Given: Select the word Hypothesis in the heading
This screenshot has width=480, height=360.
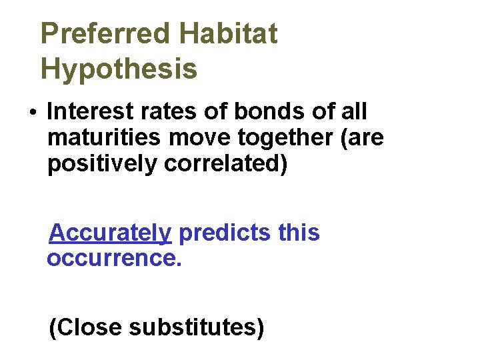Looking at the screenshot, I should point(119,68).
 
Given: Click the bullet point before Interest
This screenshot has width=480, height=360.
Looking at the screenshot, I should point(33,112).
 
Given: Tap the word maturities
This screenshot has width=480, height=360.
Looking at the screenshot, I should point(104,137).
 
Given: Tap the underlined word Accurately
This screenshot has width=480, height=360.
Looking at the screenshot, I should point(111,233).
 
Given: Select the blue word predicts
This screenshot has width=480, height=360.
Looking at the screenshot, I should point(225,233).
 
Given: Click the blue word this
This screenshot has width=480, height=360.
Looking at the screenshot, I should point(299,233).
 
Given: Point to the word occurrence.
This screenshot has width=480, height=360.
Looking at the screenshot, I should point(114,258).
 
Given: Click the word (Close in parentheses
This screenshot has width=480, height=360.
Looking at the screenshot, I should point(86,327).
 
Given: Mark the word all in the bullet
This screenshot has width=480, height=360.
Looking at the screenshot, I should point(351,111).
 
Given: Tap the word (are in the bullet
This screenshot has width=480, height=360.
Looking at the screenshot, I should point(365,137).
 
